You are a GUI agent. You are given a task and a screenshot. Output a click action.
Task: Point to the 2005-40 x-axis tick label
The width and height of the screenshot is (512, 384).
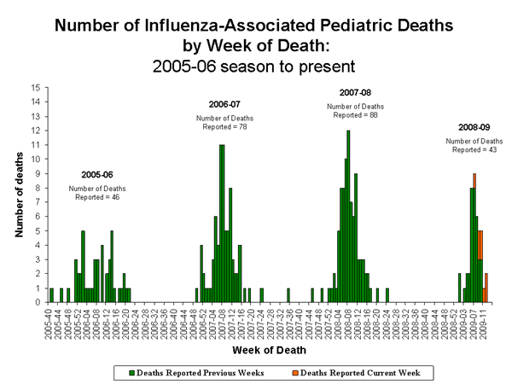pos(50,321)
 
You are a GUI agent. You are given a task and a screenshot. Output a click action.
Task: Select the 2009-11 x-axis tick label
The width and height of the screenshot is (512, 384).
pos(486,321)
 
